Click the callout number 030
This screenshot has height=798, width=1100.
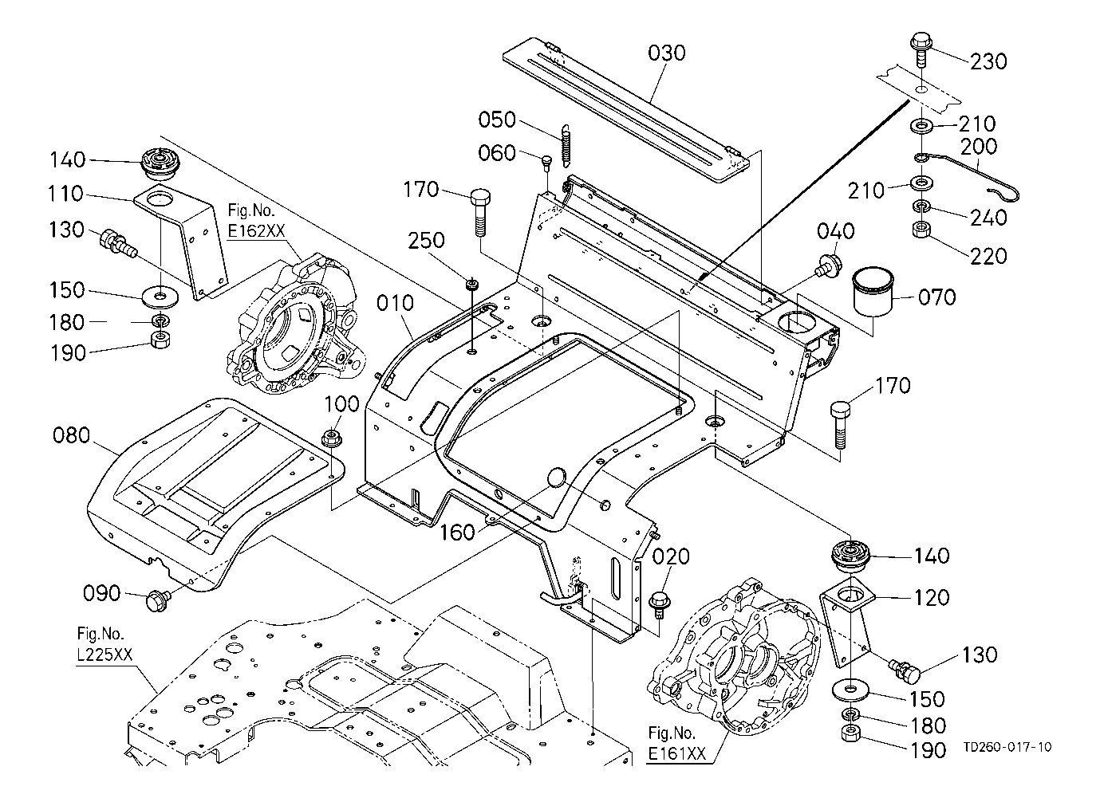666,53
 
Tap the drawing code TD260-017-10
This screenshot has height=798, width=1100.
1007,747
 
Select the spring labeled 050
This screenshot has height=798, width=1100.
566,143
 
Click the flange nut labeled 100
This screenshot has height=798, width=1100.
332,438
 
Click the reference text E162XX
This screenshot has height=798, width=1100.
256,231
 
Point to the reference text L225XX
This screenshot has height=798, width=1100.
104,655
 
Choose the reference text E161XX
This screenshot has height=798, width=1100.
676,753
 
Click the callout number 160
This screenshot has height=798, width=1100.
457,533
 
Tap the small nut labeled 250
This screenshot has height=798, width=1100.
472,284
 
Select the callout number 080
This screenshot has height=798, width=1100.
71,435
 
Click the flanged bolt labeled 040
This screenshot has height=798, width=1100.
828,264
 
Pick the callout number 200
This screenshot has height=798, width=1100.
979,146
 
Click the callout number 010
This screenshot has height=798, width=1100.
396,303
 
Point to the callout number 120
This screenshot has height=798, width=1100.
932,598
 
